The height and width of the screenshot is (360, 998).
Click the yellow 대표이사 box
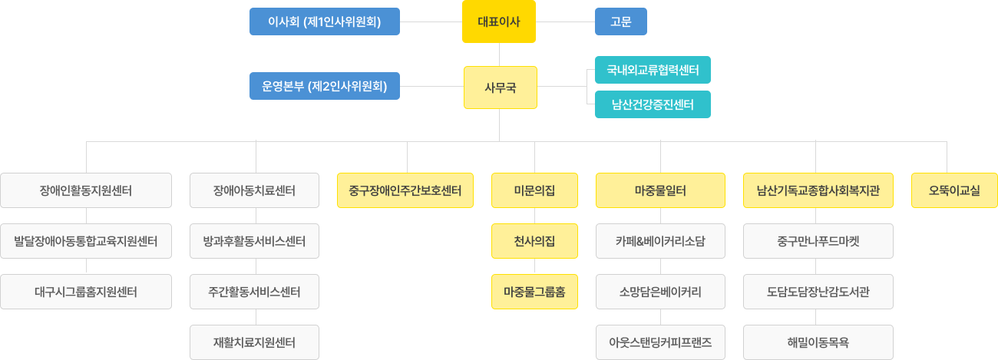point(499,21)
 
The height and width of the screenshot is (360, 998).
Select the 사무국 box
point(500,87)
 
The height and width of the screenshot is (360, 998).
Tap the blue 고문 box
point(621,21)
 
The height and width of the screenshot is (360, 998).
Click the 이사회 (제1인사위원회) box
point(324,21)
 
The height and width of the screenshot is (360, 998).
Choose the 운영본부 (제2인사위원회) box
point(324,86)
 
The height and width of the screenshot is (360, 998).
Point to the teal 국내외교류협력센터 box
point(653,70)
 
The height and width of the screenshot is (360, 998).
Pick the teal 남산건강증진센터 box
point(653,104)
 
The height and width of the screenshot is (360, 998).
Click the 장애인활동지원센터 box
point(86,190)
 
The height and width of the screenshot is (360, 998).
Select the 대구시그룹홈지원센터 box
point(86,292)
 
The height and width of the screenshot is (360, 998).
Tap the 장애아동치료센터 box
point(254,190)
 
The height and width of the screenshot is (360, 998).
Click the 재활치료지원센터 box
point(254,342)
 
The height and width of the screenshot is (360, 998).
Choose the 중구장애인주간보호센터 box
point(405,190)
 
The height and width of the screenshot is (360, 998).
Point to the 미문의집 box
point(534,190)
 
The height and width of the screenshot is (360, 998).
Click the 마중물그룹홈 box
point(534,292)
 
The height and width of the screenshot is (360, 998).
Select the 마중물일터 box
point(660,190)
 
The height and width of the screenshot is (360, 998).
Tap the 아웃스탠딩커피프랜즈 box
point(660,342)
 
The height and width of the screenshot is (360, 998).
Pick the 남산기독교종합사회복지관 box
point(818,190)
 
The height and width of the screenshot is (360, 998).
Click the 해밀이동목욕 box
point(818,342)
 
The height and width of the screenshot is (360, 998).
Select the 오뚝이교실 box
point(954,190)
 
